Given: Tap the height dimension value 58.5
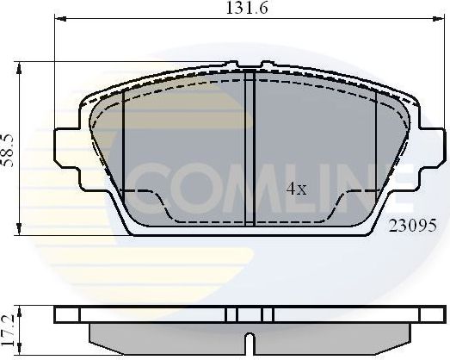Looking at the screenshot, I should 8,147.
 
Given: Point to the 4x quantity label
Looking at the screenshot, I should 296,189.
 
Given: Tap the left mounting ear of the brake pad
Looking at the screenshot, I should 69,148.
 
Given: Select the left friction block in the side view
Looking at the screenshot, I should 163,334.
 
